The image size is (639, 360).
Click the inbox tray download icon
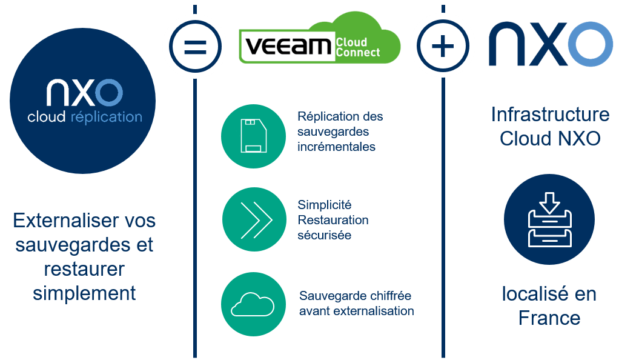point(549,219)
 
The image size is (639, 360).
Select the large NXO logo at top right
point(551,44)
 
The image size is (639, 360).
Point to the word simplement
point(84,293)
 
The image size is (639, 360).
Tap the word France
point(549,318)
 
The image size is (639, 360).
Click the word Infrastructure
point(550,114)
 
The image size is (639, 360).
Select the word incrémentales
point(336,147)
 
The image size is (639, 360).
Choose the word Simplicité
point(324,205)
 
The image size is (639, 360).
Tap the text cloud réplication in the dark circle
point(85,117)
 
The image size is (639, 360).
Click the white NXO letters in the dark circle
point(85,93)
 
